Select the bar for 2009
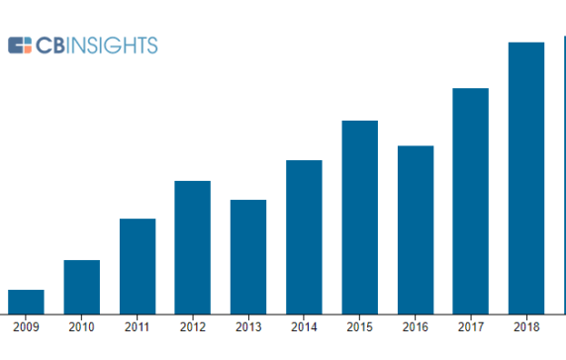coord(26,301)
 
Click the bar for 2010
coord(81,286)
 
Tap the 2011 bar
coord(138,265)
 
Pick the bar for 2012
coord(193,246)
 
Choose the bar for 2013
coord(248,256)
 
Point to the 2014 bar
coord(304,236)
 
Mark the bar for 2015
coord(360,217)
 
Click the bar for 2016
coord(416,229)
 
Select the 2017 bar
coord(471,201)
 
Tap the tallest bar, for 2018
coord(526,178)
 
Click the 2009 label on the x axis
coord(26,327)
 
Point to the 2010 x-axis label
coord(81,327)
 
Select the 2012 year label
coord(193,327)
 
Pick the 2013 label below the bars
coord(248,327)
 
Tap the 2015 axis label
coord(360,327)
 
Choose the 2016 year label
coord(416,327)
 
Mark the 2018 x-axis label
coord(526,327)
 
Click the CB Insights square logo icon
coord(20,45)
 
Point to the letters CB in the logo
coord(51,45)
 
